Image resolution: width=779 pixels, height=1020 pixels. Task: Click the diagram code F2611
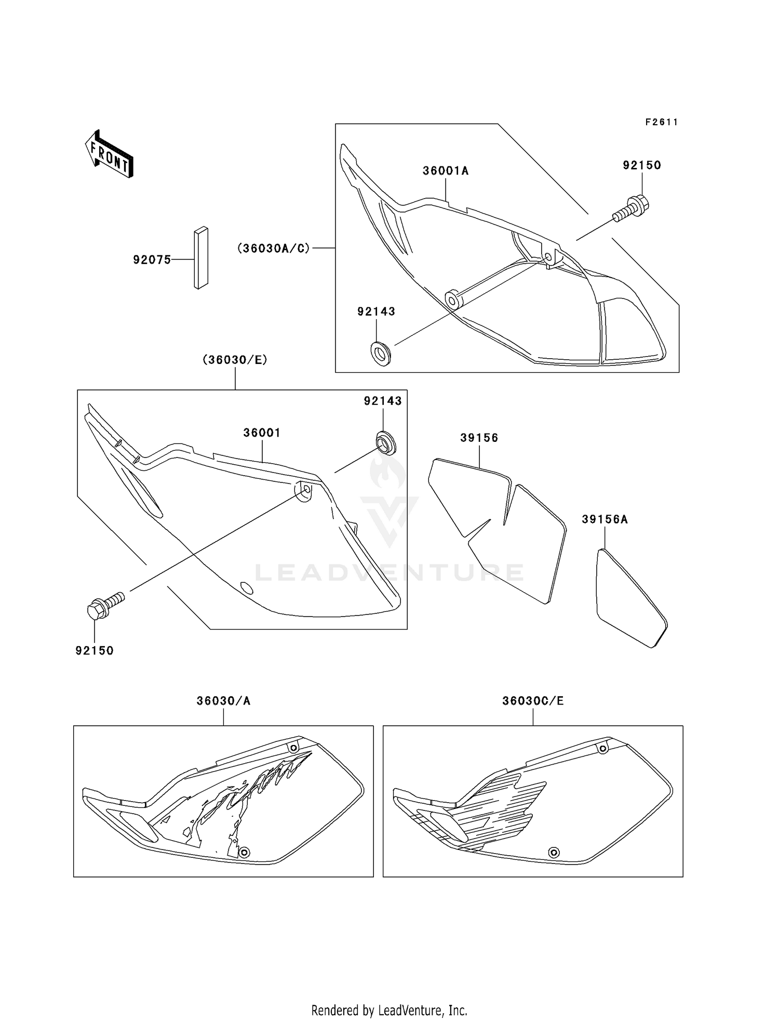click(662, 122)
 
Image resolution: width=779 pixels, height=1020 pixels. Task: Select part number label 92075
click(152, 260)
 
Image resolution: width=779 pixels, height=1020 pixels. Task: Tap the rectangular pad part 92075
click(201, 258)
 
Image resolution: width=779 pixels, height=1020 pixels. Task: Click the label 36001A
click(445, 171)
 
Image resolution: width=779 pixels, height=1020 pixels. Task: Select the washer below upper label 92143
click(381, 353)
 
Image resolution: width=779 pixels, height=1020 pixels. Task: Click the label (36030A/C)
click(274, 249)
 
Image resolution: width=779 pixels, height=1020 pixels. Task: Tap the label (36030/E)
click(235, 360)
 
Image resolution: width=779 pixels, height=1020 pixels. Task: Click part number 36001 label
click(262, 433)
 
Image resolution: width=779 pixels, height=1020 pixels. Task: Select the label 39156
click(479, 438)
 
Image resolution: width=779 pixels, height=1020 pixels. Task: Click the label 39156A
click(605, 519)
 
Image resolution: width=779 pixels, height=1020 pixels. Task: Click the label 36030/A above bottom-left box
click(223, 701)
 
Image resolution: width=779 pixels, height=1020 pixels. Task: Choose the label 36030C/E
click(533, 701)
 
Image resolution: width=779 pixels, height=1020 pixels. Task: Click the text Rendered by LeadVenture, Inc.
click(389, 1011)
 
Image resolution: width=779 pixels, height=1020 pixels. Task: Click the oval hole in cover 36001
click(248, 589)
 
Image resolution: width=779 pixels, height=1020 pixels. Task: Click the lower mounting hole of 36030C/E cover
click(554, 853)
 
